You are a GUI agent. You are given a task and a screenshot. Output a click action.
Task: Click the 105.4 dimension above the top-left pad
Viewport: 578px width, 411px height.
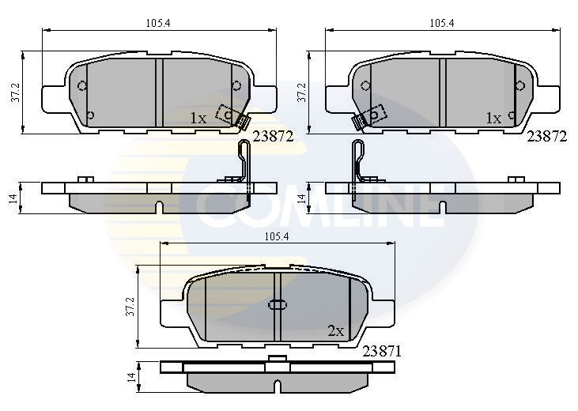tap(158, 23)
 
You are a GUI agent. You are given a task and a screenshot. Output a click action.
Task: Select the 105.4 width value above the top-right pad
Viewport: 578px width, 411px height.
tap(442, 23)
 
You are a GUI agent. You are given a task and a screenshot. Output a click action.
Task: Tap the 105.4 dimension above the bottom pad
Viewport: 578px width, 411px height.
tap(277, 236)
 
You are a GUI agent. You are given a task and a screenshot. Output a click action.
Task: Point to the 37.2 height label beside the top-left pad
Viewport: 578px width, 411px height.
tap(15, 92)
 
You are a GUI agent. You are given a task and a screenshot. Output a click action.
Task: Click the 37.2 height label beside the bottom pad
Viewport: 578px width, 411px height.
tap(130, 307)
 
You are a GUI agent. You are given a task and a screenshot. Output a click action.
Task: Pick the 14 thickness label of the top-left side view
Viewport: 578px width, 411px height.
tap(13, 198)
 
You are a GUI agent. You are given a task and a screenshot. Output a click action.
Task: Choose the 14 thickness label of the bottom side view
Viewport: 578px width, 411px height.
tap(131, 377)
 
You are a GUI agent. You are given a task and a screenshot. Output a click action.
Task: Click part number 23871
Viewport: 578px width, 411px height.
tap(382, 351)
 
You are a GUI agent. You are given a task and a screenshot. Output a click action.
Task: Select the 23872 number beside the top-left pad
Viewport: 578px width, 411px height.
tap(273, 137)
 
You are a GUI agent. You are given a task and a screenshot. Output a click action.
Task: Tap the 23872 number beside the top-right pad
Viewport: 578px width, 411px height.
tap(547, 137)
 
